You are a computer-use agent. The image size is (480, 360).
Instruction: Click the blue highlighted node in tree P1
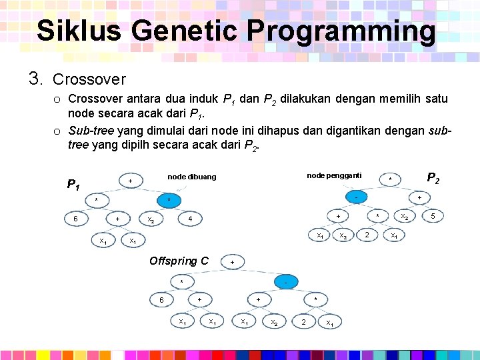click(169, 200)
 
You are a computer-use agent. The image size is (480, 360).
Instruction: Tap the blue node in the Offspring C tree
click(285, 282)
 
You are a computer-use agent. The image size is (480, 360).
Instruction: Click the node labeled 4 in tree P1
click(190, 219)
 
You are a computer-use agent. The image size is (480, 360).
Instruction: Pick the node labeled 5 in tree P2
click(433, 216)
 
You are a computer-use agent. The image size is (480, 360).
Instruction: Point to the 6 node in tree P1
click(76, 219)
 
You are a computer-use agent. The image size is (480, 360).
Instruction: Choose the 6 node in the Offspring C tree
click(161, 300)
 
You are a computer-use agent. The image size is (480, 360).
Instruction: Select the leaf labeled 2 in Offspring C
click(303, 322)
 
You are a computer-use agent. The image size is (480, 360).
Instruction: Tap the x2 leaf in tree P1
click(151, 219)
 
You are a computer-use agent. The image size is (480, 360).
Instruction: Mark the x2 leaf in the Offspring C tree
click(274, 323)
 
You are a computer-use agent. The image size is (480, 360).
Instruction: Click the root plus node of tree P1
click(131, 181)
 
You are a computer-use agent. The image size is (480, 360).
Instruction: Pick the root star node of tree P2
click(390, 179)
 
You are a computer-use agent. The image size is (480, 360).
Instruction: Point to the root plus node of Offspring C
click(231, 262)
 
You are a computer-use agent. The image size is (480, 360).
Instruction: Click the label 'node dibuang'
click(191, 177)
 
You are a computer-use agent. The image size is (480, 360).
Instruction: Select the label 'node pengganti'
click(334, 175)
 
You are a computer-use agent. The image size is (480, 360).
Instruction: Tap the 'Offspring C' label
click(179, 261)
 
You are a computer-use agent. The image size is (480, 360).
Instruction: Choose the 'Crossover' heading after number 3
click(89, 79)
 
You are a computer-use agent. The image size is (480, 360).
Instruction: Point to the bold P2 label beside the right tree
click(433, 177)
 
